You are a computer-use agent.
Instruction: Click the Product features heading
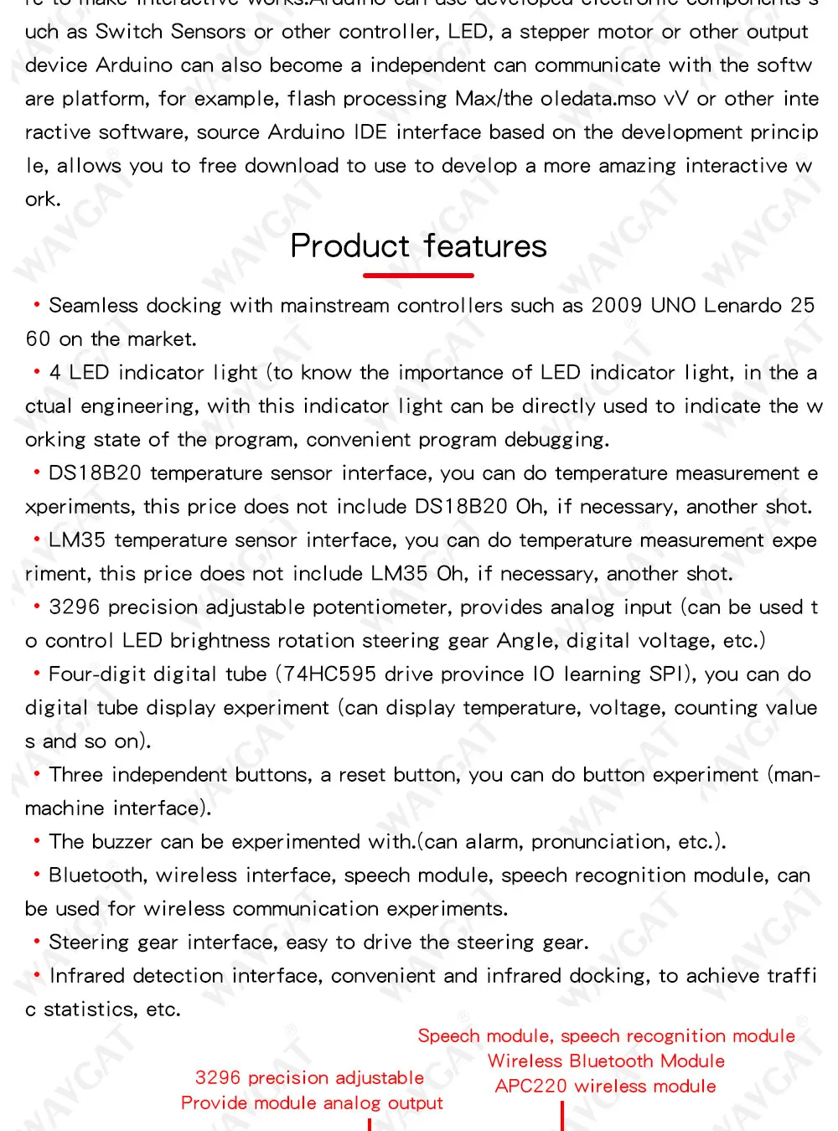click(x=418, y=246)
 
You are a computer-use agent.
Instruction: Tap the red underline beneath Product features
click(x=418, y=275)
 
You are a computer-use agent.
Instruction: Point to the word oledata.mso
click(x=598, y=99)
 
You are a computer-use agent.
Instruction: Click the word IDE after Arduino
click(x=370, y=132)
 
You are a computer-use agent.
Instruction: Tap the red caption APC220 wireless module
click(x=605, y=1087)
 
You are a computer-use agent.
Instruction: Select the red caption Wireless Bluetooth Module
click(x=606, y=1061)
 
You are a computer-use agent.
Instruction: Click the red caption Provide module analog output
click(x=312, y=1103)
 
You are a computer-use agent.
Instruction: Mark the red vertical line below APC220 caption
click(x=562, y=1116)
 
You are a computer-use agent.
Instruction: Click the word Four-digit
click(x=92, y=674)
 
